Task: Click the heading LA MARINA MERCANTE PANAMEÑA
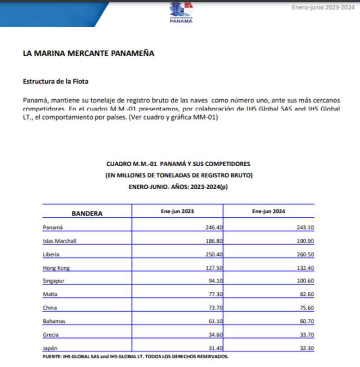[x=88, y=53]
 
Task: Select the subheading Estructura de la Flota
[x=55, y=81]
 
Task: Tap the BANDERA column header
[x=87, y=213]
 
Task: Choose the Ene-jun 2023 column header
[x=177, y=211]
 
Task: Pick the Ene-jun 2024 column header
[x=269, y=211]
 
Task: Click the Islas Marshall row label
[x=59, y=241]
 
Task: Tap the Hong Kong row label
[x=56, y=268]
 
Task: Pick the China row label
[x=49, y=308]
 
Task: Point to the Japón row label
[x=50, y=348]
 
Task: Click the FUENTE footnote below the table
[x=135, y=356]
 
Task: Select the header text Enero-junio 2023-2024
[x=323, y=7]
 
